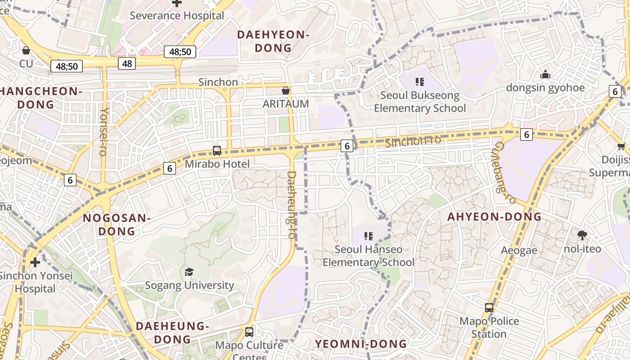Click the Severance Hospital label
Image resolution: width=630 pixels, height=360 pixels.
coord(177,16)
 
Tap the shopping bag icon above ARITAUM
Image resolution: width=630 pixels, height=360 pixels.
coord(285,90)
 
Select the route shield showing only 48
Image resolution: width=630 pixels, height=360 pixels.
coord(127,63)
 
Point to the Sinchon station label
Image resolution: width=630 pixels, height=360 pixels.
coord(218,82)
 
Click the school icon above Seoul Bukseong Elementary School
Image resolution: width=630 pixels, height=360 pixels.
coord(420,82)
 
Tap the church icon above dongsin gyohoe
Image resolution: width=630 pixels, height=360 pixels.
coord(545,74)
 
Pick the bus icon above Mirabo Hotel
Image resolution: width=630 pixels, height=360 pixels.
coord(217,151)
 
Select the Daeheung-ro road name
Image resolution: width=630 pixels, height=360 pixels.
coord(292,205)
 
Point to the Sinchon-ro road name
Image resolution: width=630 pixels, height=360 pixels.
coord(413,141)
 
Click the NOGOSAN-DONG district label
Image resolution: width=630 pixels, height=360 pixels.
coord(117,225)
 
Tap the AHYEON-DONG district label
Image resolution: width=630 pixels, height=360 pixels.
coord(494,216)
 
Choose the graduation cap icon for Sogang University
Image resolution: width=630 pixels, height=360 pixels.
coord(189,272)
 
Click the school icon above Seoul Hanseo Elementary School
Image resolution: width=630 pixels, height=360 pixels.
coord(369,236)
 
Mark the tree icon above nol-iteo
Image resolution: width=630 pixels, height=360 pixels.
coord(582,235)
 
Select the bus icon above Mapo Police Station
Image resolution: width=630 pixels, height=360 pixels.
coord(489,308)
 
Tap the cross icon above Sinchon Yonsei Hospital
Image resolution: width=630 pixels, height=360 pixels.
coord(35,262)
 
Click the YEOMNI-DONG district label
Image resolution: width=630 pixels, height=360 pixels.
coord(360,344)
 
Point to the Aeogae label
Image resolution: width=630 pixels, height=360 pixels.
coord(519,251)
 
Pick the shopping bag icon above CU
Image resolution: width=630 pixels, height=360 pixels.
coord(26,50)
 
